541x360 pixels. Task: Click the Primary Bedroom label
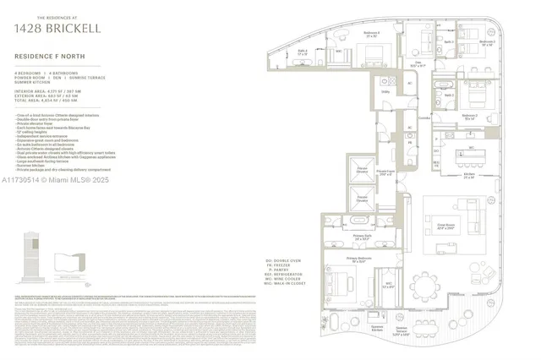pos(359,259)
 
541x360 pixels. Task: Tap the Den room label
pos(417,63)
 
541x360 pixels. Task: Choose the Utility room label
pos(385,90)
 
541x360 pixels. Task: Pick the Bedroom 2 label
pos(470,117)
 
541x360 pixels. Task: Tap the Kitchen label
pos(467,177)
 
